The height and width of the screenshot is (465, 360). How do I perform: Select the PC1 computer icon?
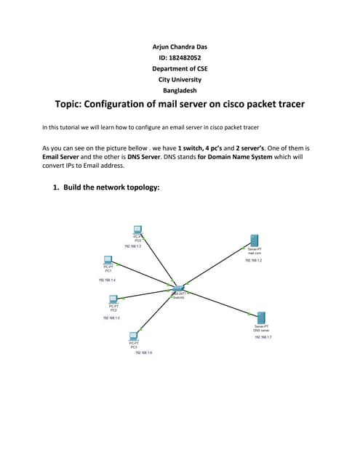[x=108, y=260]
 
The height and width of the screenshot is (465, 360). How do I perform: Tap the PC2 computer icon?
[x=113, y=299]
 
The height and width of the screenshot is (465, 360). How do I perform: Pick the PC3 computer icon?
[x=134, y=336]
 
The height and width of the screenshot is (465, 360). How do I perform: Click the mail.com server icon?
[x=254, y=240]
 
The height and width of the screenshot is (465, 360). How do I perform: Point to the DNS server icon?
[x=261, y=318]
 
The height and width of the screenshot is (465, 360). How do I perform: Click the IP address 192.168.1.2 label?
[x=253, y=259]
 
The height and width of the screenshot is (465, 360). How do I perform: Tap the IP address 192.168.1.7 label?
[x=263, y=337]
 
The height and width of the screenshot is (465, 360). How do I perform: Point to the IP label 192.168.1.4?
[x=107, y=279]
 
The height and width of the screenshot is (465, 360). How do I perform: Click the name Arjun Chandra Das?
[x=179, y=46]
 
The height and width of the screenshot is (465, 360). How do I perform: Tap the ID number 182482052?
[x=180, y=57]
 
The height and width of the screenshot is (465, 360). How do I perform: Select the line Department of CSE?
[x=180, y=68]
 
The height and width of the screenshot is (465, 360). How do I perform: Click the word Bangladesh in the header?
[x=180, y=90]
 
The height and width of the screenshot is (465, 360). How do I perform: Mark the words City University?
[x=180, y=79]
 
